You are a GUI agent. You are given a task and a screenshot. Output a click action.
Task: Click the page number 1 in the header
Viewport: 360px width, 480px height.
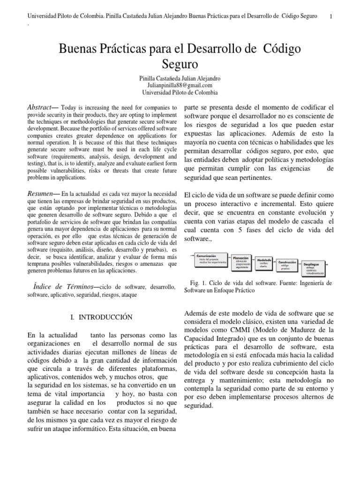(331, 16)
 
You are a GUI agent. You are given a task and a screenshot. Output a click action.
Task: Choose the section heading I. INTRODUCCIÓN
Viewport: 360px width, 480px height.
(102, 317)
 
